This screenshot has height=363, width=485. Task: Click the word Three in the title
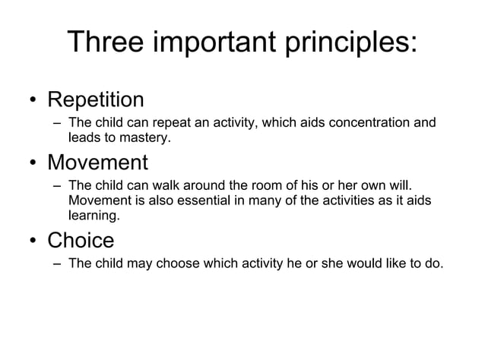[106, 43]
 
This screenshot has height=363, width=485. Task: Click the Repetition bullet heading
[95, 99]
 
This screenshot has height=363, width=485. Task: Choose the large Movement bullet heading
[97, 163]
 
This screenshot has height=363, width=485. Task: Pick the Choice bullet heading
[81, 241]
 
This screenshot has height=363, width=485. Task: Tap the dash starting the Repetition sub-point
[58, 123]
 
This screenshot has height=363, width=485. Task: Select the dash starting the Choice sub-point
[58, 264]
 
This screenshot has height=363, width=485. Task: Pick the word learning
[93, 216]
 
